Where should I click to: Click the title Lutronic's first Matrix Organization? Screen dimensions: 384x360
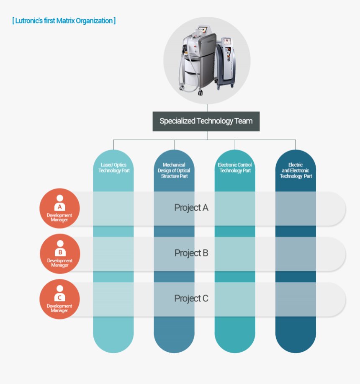(64, 21)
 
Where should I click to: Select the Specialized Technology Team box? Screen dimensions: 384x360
(206, 121)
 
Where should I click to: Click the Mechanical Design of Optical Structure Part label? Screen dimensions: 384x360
(174, 170)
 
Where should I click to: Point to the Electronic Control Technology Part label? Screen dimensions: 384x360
(235, 168)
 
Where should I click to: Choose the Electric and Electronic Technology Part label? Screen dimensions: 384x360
(296, 170)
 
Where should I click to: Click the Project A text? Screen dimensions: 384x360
(191, 208)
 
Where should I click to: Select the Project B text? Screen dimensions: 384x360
(191, 253)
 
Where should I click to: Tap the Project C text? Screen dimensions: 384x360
(191, 299)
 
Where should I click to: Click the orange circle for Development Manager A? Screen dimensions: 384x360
(59, 208)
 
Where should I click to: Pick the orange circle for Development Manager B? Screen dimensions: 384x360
(59, 253)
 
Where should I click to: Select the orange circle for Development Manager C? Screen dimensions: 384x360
(59, 299)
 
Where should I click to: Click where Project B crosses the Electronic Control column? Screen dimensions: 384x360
(235, 253)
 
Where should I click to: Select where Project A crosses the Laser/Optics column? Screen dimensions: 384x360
(113, 208)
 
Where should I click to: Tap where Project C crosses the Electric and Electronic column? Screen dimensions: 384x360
(296, 299)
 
